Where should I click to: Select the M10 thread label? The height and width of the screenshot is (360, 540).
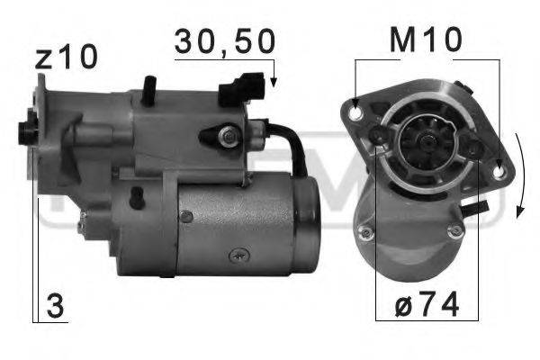click(x=427, y=40)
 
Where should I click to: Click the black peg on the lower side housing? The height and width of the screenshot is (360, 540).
click(x=135, y=195)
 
